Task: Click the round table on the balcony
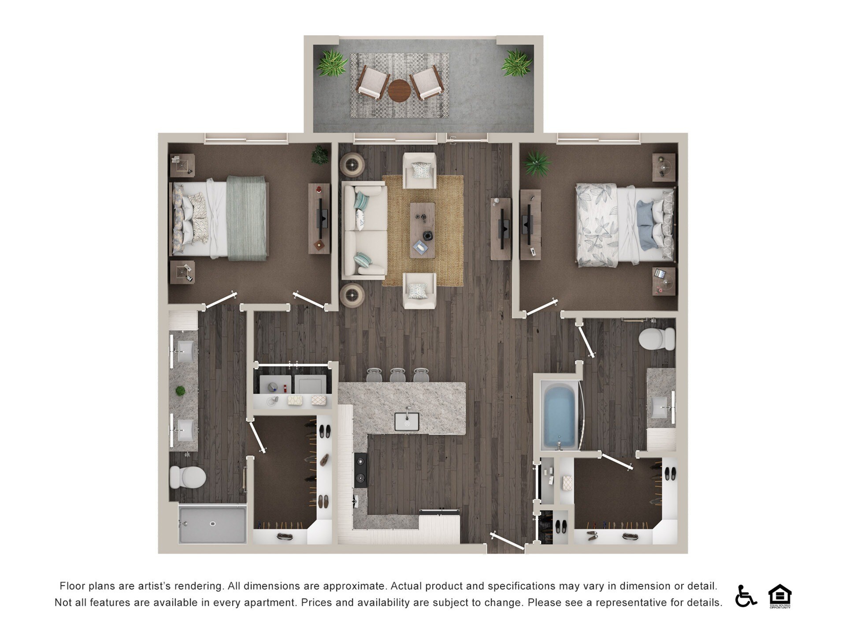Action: (399, 90)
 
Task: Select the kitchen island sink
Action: (406, 422)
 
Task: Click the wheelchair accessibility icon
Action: (745, 596)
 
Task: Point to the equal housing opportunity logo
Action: (780, 596)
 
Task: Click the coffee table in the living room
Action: (422, 230)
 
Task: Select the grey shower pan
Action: (212, 524)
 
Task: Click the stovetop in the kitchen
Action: (360, 470)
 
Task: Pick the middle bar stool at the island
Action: (397, 375)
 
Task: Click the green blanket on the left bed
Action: (247, 218)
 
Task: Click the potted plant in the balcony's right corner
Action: (516, 63)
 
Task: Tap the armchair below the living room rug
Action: (419, 291)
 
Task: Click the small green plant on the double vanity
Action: (180, 391)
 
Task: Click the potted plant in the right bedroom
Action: (537, 164)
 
